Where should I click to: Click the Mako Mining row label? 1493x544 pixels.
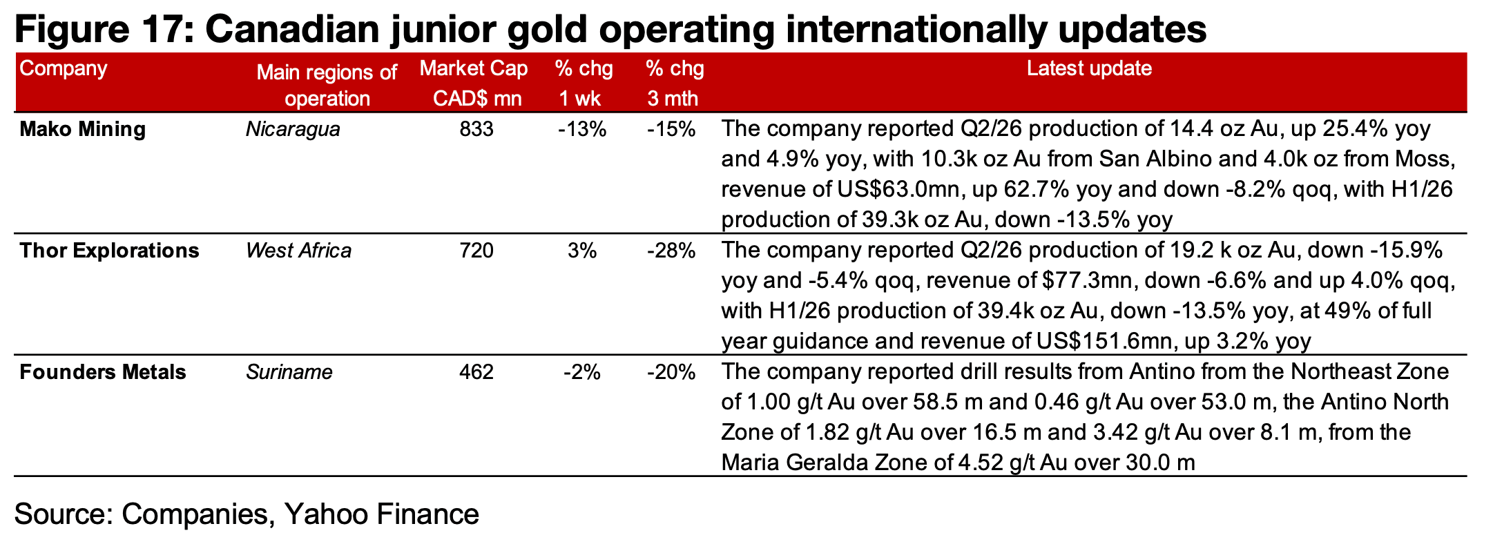(82, 129)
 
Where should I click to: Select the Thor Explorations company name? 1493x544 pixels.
(109, 251)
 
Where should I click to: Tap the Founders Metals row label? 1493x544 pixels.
(103, 372)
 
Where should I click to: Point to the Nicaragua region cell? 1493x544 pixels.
(293, 129)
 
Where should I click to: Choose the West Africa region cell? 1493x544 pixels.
(298, 251)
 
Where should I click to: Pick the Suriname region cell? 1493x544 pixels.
(289, 372)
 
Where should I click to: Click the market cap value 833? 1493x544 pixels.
(476, 129)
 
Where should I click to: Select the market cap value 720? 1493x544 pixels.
(476, 251)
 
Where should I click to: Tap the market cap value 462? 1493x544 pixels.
(476, 372)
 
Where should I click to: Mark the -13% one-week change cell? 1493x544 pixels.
(582, 129)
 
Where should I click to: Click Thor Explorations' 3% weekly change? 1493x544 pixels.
(582, 251)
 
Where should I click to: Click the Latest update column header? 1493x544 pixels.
(1089, 68)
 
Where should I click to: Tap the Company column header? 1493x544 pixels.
(64, 68)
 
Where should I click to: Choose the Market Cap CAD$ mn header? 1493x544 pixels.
(474, 83)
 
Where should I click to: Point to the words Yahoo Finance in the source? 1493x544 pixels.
(381, 514)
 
